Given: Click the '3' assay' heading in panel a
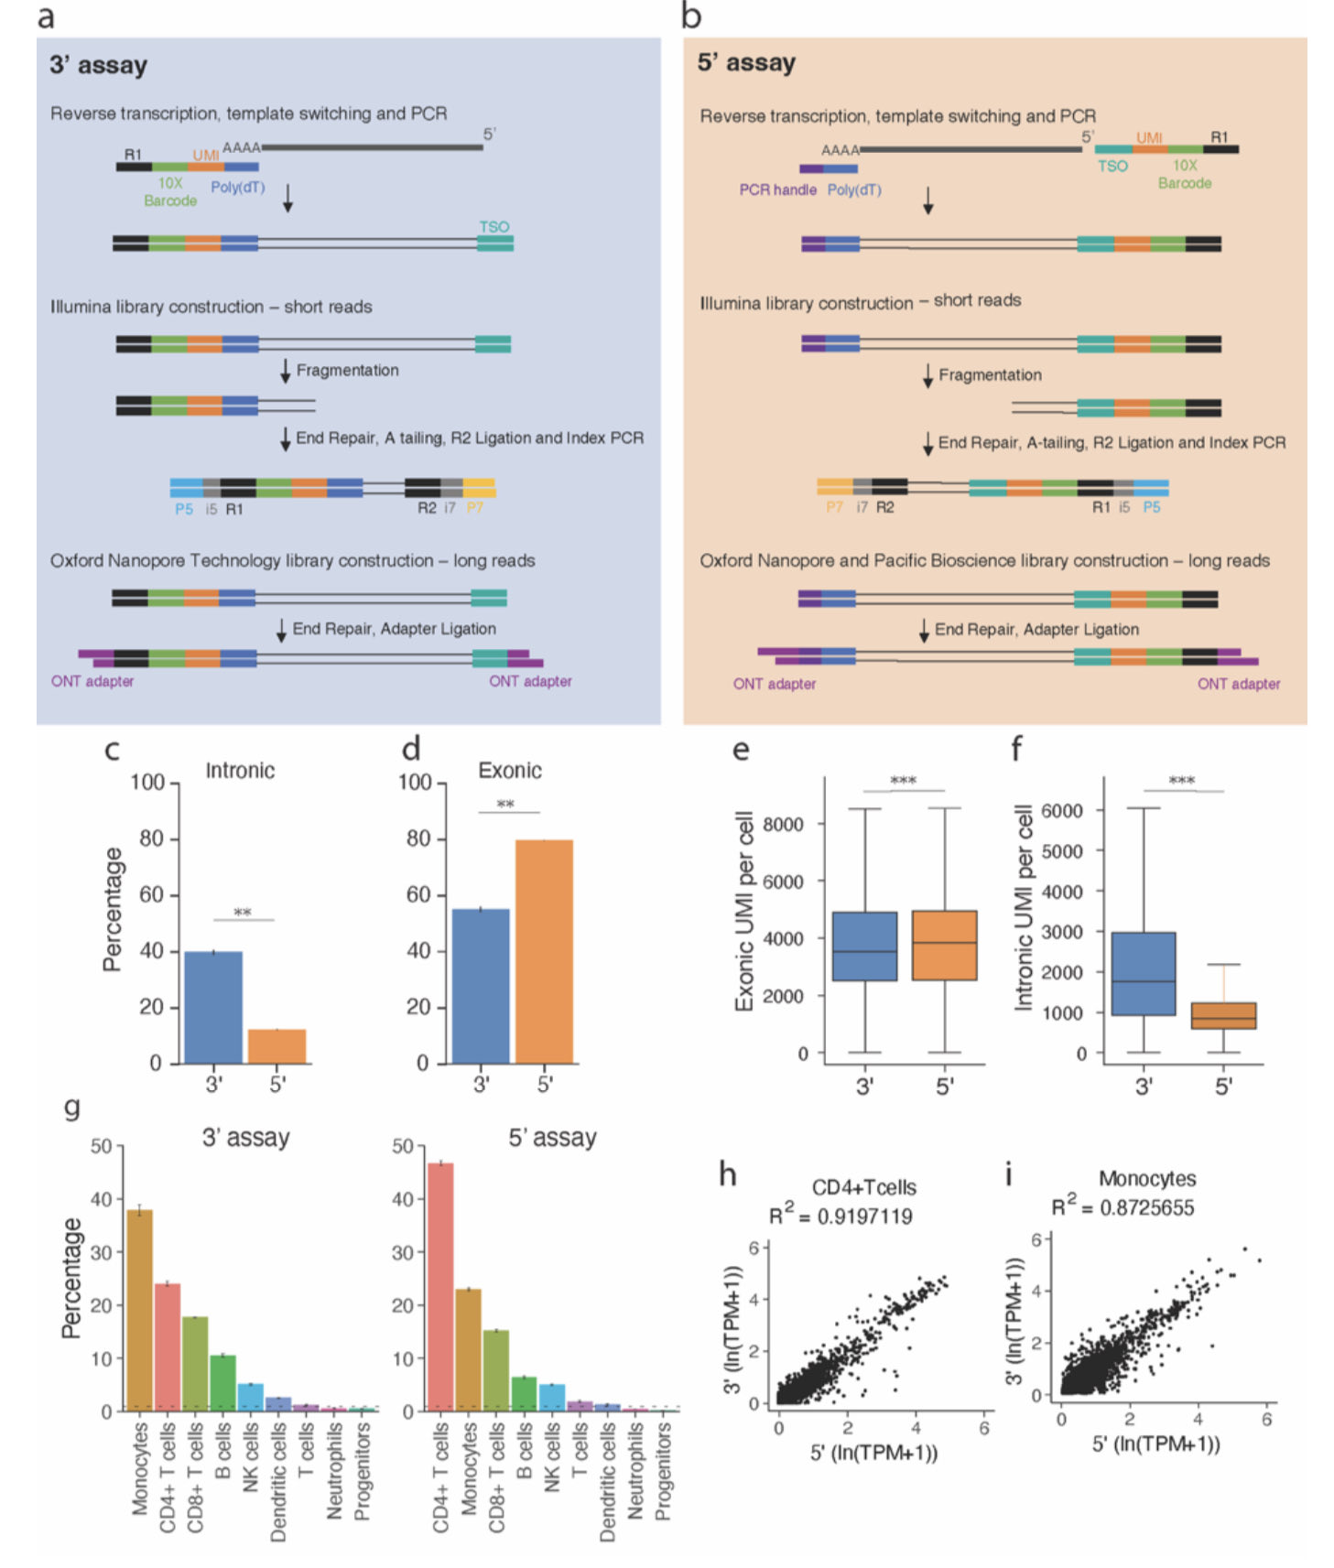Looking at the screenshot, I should click(x=98, y=65).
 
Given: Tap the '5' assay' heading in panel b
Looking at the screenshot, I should click(x=745, y=63).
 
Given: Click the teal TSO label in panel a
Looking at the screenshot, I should click(x=493, y=226).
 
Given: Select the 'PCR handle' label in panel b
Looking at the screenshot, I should click(x=777, y=190).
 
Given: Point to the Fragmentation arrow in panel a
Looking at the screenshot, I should click(x=286, y=371).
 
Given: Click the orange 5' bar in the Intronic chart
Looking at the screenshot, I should click(x=277, y=1045).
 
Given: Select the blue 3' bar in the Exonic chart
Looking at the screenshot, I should click(x=481, y=986).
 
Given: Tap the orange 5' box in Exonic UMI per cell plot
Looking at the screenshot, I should click(x=944, y=945).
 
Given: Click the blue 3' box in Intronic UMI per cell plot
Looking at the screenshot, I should click(x=1143, y=973).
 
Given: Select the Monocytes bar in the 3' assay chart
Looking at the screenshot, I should click(x=139, y=1309).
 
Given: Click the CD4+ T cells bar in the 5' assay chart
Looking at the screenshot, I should click(x=440, y=1286).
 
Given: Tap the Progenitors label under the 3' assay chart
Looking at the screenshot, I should click(x=363, y=1470).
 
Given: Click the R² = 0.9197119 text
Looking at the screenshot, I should click(x=841, y=1216).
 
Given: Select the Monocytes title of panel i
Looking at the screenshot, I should click(x=1146, y=1179).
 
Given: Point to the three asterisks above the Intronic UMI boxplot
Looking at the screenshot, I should click(x=1181, y=781).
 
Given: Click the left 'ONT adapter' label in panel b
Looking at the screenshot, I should click(x=774, y=684).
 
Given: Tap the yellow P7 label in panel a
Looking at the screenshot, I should click(x=474, y=509).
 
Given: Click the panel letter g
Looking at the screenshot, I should click(x=72, y=1108).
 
